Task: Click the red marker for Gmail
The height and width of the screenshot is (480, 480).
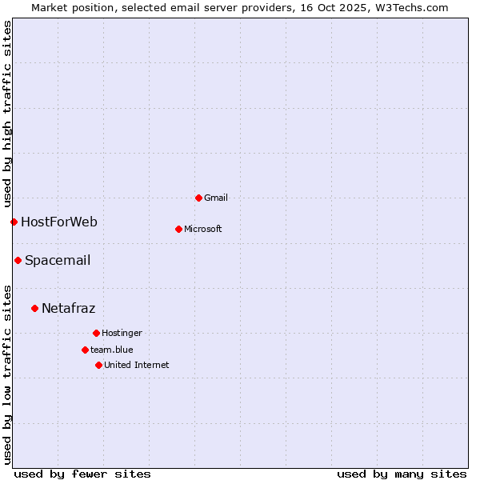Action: click(198, 198)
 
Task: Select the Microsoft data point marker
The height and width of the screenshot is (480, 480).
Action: click(178, 229)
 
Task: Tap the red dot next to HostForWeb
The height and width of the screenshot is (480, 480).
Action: click(14, 222)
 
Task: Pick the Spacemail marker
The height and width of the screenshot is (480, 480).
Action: click(18, 260)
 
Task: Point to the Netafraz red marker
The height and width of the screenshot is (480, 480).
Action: click(34, 308)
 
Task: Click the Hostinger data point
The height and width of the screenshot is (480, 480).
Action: click(96, 333)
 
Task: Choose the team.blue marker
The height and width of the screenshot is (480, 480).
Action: click(85, 350)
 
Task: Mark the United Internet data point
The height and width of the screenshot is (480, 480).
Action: click(98, 365)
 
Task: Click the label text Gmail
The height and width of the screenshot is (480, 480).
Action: click(216, 198)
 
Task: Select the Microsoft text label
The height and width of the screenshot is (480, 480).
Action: click(203, 229)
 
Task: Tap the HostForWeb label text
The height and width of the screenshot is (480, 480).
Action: click(59, 222)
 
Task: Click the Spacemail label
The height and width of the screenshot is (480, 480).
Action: click(58, 260)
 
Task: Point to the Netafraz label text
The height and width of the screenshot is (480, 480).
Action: click(68, 308)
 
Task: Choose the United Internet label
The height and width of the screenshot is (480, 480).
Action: click(137, 365)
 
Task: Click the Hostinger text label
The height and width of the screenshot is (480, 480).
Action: click(122, 333)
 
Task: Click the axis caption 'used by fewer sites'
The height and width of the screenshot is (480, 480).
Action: click(82, 474)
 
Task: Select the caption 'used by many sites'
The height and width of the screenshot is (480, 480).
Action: click(402, 474)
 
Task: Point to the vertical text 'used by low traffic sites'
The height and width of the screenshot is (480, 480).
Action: click(7, 374)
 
